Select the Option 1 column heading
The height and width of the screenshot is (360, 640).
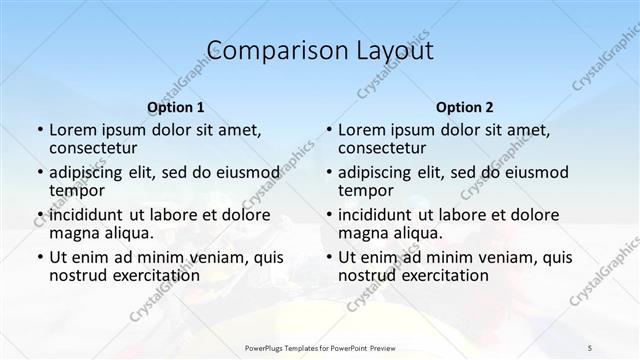176,107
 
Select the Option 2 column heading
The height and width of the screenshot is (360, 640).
465,107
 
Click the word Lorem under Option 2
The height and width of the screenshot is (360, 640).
361,130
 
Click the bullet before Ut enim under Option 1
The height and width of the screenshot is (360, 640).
39,257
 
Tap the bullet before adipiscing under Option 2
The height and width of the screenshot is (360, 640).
328,173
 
